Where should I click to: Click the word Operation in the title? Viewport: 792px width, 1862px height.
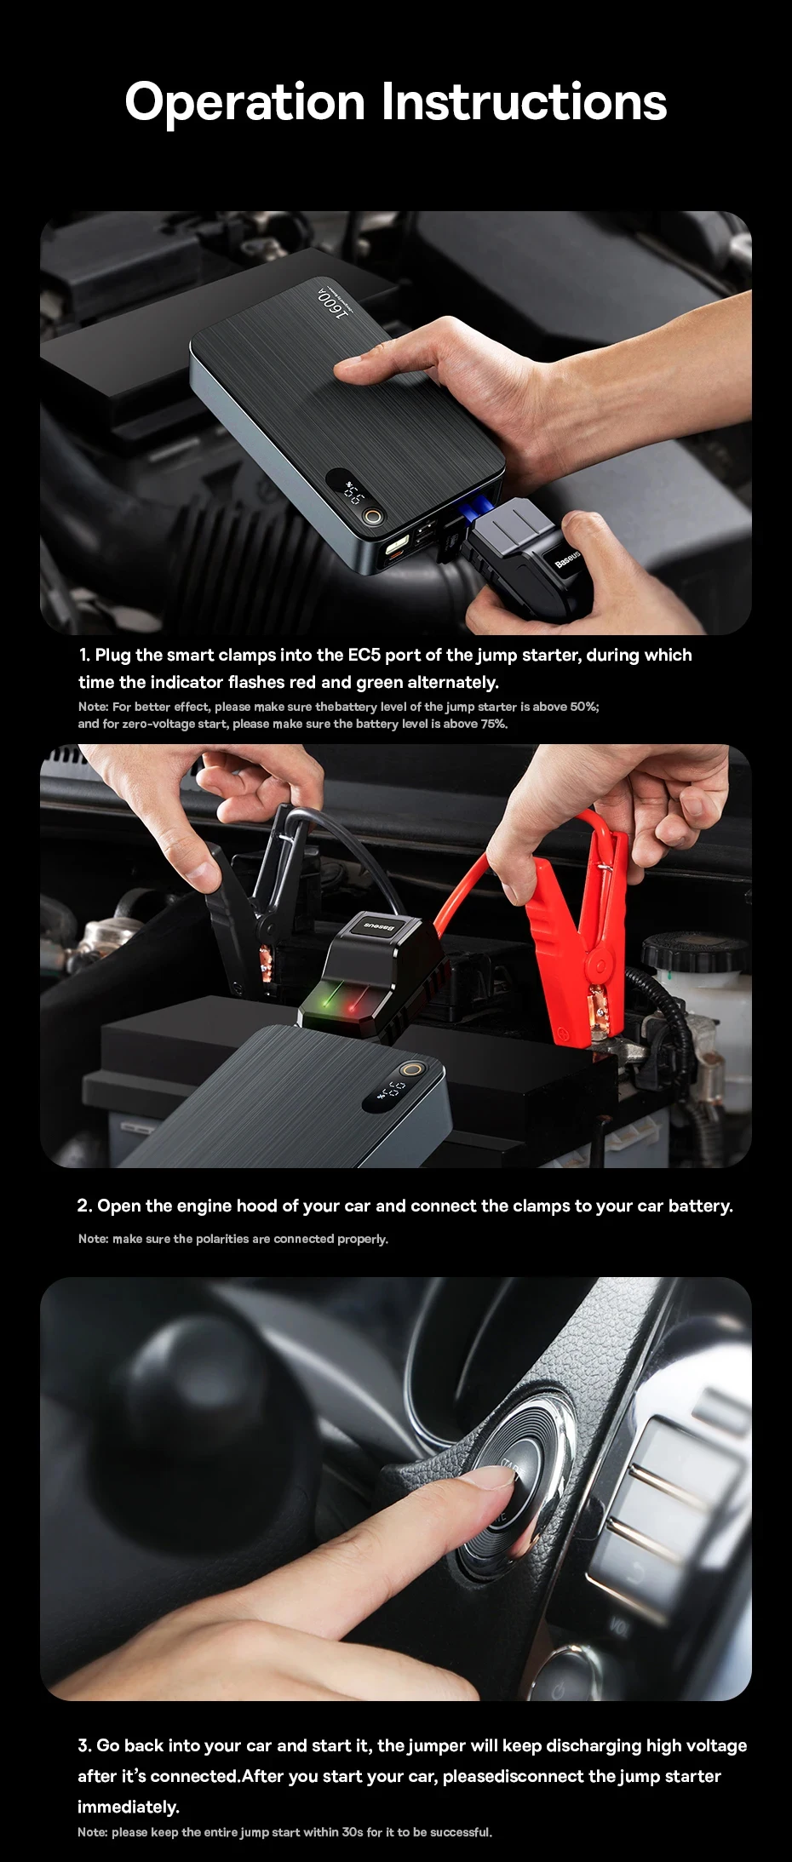[245, 104]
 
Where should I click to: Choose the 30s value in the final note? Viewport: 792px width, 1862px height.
[353, 1832]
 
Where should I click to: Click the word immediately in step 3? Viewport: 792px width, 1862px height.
[129, 1807]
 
